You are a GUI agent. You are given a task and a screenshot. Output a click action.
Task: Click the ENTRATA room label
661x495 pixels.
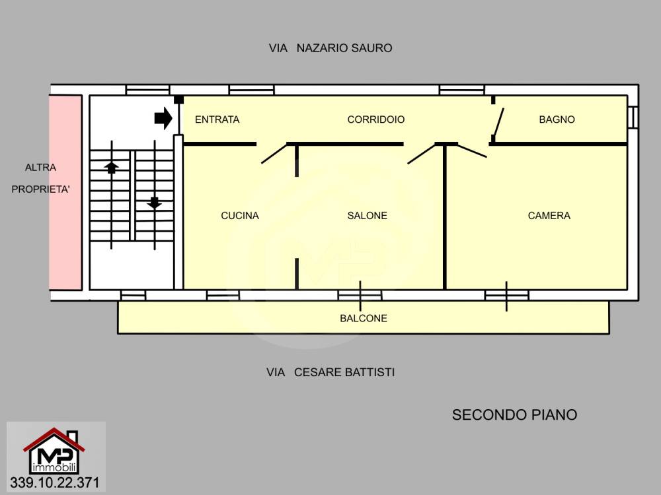[217, 119]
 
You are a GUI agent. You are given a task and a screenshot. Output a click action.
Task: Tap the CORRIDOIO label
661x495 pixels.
[376, 119]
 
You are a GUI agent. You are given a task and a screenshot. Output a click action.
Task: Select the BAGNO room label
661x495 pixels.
[557, 119]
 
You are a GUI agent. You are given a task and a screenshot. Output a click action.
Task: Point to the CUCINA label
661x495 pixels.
[240, 216]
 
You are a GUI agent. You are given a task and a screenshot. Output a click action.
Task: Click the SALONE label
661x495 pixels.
[367, 216]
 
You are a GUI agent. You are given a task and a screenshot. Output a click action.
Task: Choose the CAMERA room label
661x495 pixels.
[549, 216]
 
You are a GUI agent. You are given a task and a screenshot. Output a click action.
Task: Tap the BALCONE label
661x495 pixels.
[364, 318]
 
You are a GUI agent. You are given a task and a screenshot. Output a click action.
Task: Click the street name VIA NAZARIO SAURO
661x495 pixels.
[330, 48]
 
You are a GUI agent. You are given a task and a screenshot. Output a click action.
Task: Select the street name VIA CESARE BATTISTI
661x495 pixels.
[330, 372]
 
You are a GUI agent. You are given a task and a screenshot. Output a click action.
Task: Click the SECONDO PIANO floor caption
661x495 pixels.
[514, 415]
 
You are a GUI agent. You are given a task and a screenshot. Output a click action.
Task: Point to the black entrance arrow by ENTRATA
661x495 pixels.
[163, 118]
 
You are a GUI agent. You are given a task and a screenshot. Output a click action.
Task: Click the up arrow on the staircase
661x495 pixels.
[111, 168]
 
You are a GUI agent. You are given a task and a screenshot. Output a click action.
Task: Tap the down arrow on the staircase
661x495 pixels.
[154, 203]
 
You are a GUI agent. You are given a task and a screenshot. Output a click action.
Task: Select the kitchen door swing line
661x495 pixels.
[274, 154]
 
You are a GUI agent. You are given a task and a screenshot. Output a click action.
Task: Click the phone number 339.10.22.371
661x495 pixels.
[55, 482]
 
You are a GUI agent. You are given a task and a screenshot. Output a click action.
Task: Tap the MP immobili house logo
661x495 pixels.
[54, 451]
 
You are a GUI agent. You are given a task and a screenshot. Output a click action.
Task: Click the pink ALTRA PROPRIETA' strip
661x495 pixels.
[65, 192]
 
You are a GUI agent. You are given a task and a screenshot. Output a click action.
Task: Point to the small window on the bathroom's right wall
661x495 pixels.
[633, 117]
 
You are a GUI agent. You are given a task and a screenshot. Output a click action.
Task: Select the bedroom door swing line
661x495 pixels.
[472, 151]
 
